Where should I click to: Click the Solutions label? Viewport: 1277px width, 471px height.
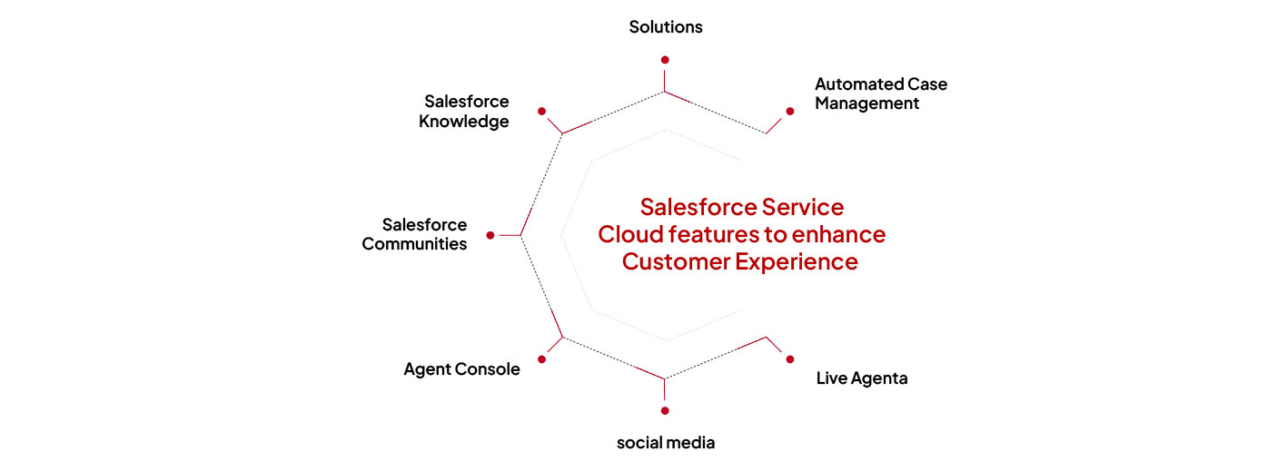coord(666,26)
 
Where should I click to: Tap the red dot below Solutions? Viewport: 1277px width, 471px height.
coord(665,60)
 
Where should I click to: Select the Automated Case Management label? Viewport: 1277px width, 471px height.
coord(880,93)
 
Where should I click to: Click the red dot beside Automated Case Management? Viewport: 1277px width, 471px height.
coord(789,111)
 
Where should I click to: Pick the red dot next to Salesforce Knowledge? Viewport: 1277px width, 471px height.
coord(541,111)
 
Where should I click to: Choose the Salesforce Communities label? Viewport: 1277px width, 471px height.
coord(414,234)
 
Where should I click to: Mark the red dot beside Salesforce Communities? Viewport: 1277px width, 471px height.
coord(490,235)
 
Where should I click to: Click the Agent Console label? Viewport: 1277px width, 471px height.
coord(461,369)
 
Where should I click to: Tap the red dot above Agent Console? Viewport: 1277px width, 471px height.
coord(541,359)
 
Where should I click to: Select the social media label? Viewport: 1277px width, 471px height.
coord(666,443)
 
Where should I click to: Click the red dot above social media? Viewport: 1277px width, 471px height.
coord(665,410)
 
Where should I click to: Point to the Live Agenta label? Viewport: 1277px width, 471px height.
coord(861,378)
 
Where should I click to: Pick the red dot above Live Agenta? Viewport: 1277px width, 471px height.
coord(789,359)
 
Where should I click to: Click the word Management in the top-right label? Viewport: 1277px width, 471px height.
coord(866,103)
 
